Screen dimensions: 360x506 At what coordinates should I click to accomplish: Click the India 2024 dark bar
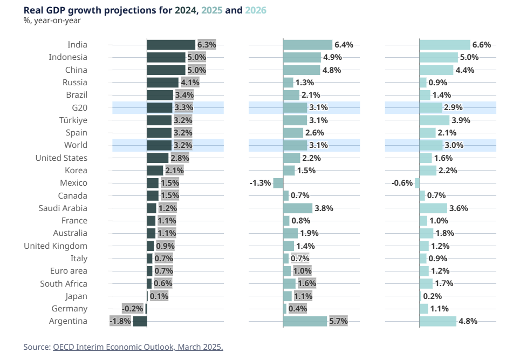[171, 45]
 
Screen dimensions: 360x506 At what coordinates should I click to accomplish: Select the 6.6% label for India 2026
[481, 45]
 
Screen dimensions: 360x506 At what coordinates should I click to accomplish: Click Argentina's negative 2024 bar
[140, 321]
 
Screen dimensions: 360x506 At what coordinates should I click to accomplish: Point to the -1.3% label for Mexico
[260, 183]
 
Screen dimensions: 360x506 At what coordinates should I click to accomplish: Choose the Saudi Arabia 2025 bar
[298, 208]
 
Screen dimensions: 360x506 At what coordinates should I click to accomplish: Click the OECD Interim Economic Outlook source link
[138, 347]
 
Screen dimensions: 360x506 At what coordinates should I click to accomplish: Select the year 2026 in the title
[255, 10]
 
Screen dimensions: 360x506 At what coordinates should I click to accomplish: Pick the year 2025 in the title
[212, 10]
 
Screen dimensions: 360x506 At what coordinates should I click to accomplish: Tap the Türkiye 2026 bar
[434, 120]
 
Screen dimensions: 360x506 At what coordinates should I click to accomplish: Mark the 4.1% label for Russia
[190, 83]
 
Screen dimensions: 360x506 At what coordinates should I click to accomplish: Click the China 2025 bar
[302, 70]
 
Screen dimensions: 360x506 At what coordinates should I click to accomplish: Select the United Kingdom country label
[56, 246]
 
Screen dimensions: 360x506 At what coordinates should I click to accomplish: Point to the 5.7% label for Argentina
[338, 321]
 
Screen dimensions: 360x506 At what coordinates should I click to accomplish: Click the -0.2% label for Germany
[133, 309]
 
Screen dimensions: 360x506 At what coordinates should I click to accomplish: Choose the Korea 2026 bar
[428, 170]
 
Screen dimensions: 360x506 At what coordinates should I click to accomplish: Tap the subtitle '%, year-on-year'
[52, 21]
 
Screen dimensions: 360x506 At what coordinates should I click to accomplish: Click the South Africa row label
[64, 283]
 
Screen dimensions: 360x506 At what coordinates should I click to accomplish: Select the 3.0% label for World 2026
[453, 145]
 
